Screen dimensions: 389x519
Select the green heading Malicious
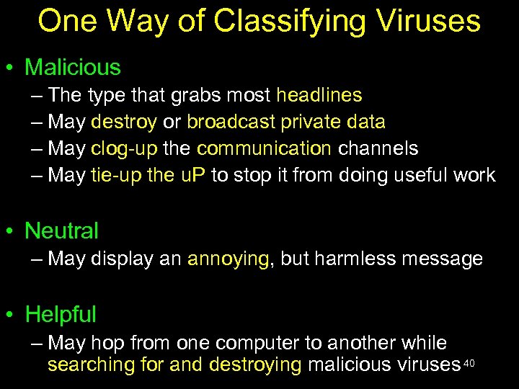pyautogui.click(x=73, y=68)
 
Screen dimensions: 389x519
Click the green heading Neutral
pyautogui.click(x=62, y=231)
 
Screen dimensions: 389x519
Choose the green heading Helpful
pyautogui.click(x=61, y=315)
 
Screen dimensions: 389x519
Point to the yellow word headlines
pyautogui.click(x=319, y=95)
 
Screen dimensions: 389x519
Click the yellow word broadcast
pyautogui.click(x=231, y=122)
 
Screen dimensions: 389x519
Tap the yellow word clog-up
pyautogui.click(x=117, y=148)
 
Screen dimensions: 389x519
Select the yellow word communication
pyautogui.click(x=264, y=148)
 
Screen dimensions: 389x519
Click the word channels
pyautogui.click(x=378, y=148)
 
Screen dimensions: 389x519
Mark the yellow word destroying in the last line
pyautogui.click(x=255, y=365)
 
